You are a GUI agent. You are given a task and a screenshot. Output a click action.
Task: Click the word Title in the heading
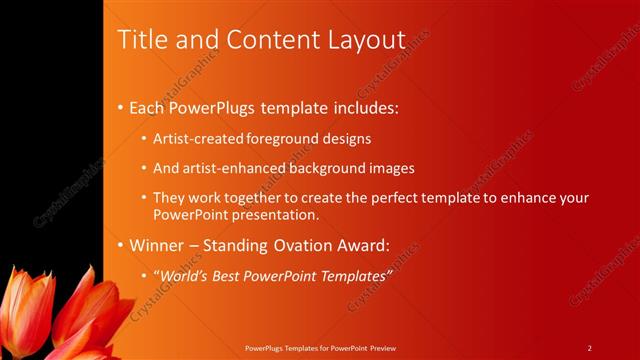(140, 40)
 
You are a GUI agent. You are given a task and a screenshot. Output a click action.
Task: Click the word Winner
(155, 245)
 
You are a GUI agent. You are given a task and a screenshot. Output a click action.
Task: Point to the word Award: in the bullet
(358, 245)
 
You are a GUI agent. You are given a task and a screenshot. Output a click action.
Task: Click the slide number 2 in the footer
(590, 347)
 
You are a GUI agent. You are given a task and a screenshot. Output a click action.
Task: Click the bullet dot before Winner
(121, 245)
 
